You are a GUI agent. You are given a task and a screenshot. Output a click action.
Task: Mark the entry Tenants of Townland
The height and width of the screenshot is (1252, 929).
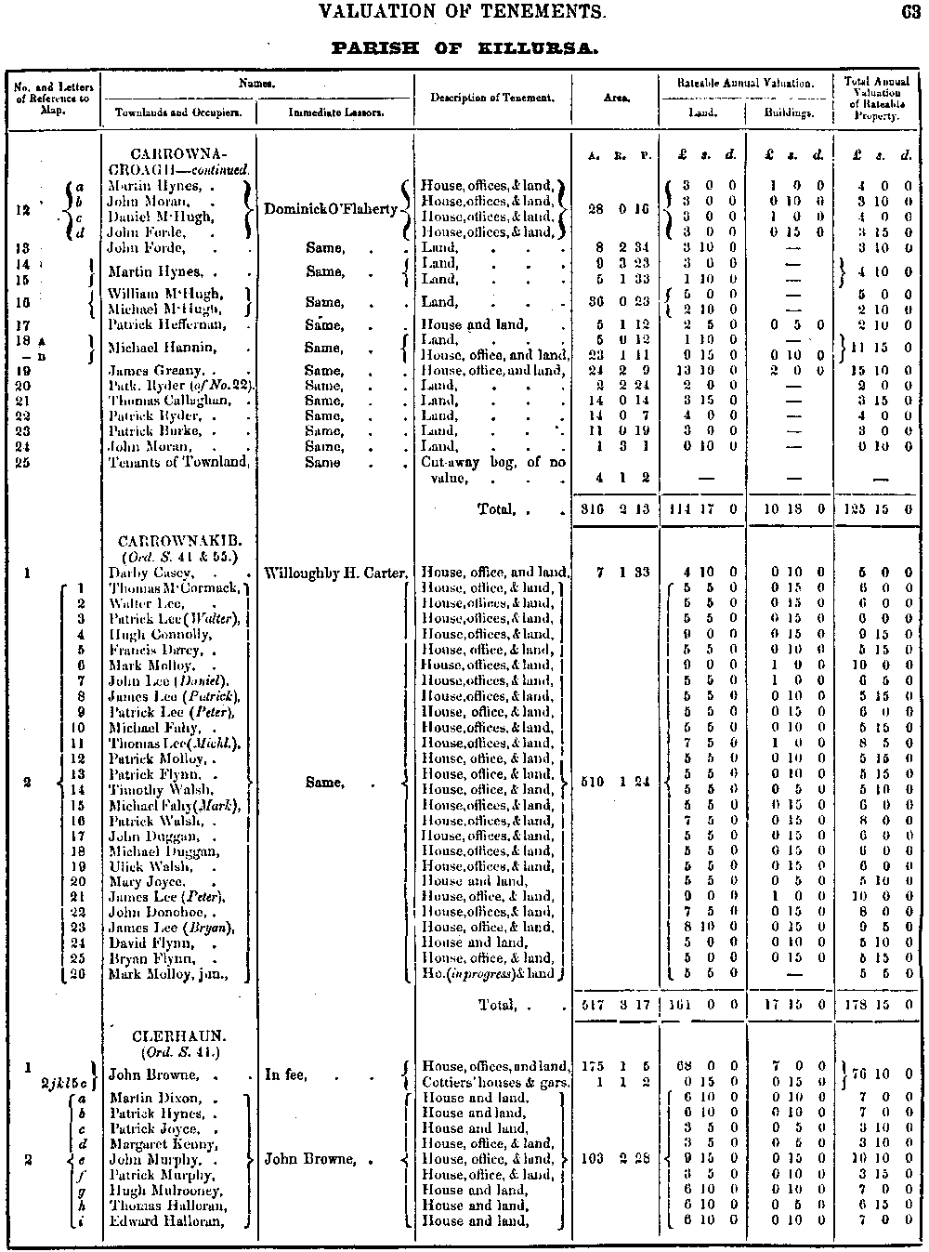tap(178, 462)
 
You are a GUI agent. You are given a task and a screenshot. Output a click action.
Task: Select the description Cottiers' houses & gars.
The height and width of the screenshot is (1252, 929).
tap(495, 1083)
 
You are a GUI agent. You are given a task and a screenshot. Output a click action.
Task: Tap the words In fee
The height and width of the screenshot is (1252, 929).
tap(286, 1074)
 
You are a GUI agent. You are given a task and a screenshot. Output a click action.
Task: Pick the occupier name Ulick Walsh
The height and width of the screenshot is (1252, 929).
tap(149, 866)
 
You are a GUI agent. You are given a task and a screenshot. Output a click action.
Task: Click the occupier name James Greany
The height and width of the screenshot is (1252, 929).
tap(150, 371)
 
